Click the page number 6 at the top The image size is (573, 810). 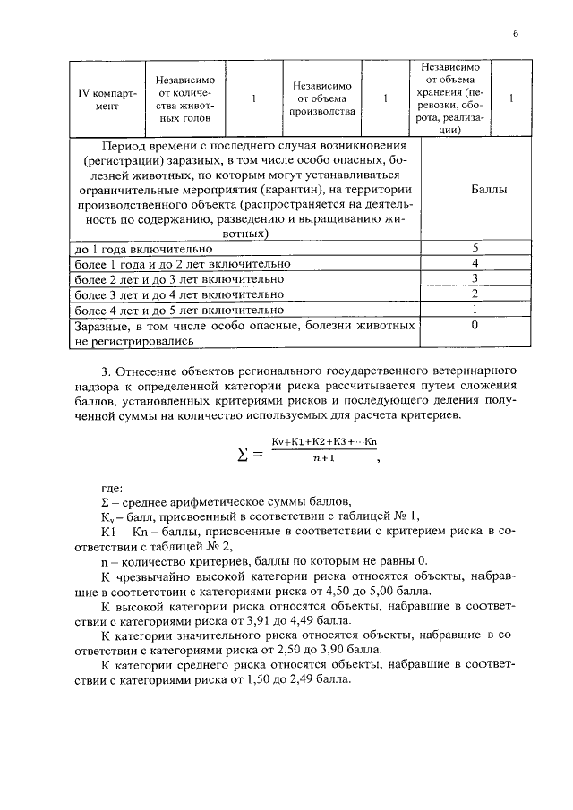516,33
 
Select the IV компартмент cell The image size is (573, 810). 107,98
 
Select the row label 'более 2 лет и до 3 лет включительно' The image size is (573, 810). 179,278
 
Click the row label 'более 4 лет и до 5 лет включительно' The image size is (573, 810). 179,310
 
